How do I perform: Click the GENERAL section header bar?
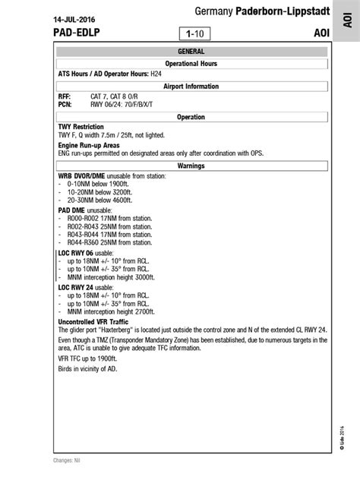coord(191,52)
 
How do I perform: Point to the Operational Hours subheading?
coord(191,64)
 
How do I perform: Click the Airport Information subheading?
coord(191,87)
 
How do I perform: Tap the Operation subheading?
coord(191,117)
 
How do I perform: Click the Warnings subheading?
coord(191,165)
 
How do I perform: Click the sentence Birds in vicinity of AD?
coord(87,369)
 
